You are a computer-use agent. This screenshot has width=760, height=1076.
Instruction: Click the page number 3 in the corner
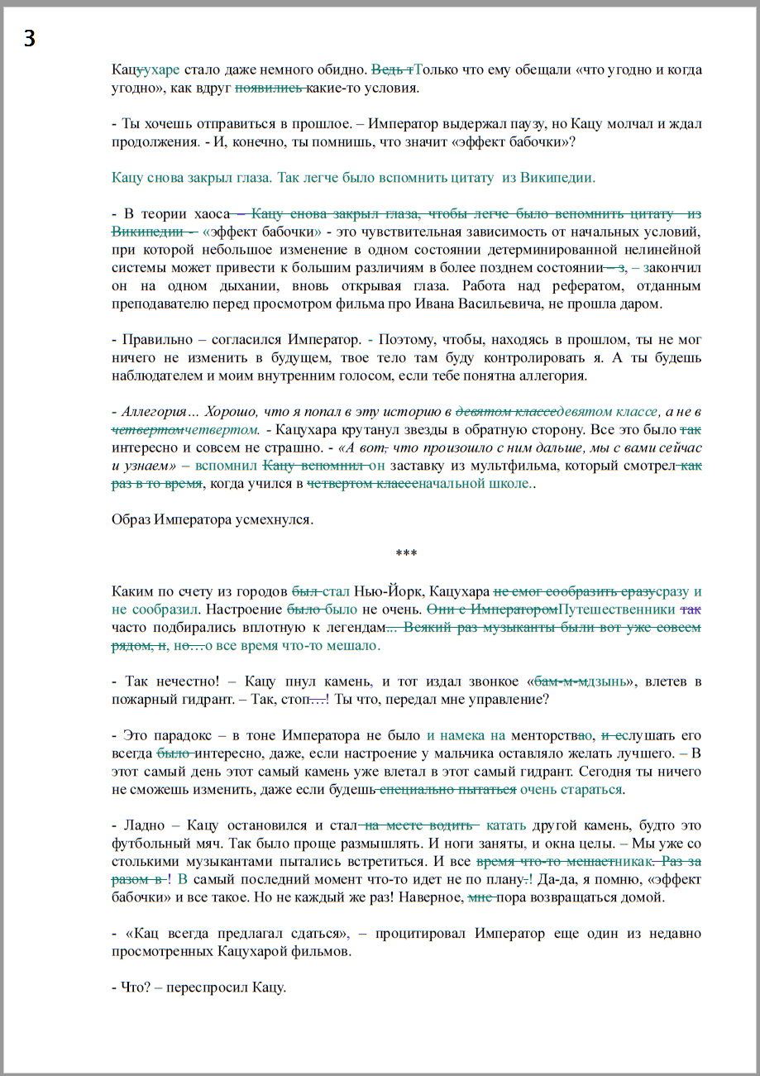click(x=30, y=38)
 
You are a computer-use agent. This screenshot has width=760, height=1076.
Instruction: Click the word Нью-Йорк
click(x=380, y=591)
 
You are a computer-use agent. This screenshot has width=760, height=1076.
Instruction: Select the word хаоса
click(x=206, y=213)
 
